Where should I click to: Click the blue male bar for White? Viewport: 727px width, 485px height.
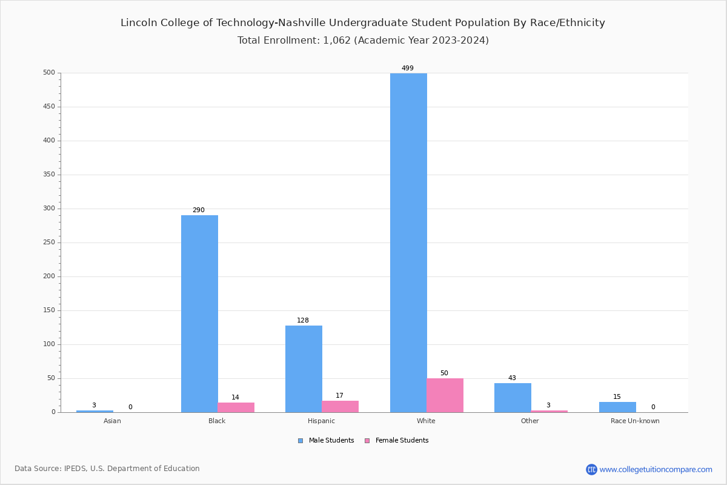[408, 242]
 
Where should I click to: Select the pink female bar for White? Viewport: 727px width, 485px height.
[445, 395]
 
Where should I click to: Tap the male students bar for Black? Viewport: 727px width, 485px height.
[199, 313]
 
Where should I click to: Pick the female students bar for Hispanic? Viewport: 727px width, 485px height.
[340, 406]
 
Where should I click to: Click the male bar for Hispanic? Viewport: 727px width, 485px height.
[304, 369]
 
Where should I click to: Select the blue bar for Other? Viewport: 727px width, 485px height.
[513, 398]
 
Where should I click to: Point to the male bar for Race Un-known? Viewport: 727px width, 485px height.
[617, 407]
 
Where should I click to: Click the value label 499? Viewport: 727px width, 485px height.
[408, 69]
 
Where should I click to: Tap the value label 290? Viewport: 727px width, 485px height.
[199, 210]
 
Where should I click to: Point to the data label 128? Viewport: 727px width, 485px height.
[303, 321]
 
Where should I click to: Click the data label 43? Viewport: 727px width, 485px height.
[512, 378]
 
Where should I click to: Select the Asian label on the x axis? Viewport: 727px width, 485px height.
[112, 421]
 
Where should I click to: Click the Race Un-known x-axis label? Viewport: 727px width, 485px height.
[635, 421]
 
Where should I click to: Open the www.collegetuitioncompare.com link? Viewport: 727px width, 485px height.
[656, 469]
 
